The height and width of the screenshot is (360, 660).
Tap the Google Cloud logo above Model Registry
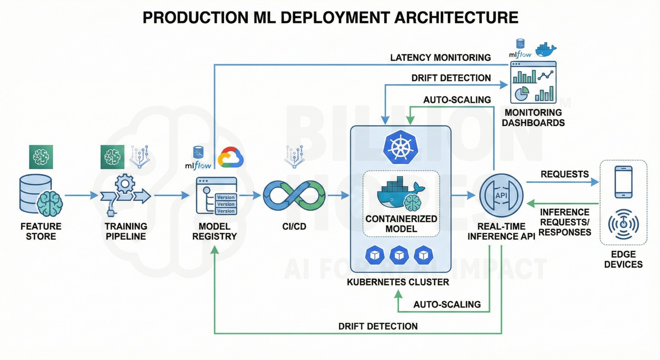pos(231,158)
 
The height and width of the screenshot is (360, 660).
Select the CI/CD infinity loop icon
pos(294,196)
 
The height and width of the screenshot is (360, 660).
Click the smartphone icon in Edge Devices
pos(623,182)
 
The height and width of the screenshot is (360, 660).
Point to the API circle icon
pos(501,196)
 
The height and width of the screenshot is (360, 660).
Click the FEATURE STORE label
pos(41,231)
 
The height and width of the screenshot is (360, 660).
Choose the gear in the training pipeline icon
pos(125,184)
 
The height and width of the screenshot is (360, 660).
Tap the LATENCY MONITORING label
pos(440,58)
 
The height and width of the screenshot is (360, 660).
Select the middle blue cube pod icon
pos(399,255)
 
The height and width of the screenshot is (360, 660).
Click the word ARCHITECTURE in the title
pos(456,18)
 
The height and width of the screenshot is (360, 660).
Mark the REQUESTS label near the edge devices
pos(564,174)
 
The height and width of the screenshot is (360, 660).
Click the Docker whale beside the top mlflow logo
pos(546,50)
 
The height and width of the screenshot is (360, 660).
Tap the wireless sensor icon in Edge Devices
pos(623,224)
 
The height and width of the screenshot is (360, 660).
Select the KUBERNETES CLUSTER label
pos(398,282)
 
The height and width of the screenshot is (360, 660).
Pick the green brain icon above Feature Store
pos(41,157)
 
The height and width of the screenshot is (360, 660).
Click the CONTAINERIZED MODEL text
pos(401,224)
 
